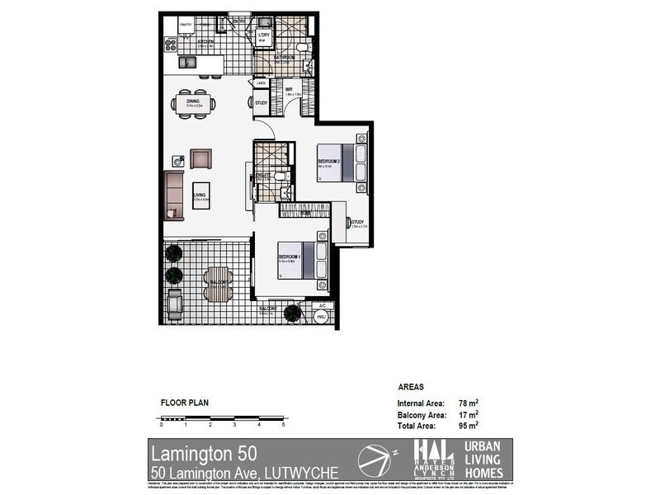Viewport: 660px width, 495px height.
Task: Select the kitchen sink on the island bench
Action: (x=188, y=62)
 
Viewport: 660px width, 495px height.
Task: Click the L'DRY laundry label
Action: (x=266, y=35)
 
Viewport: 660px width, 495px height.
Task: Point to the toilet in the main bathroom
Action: (x=306, y=65)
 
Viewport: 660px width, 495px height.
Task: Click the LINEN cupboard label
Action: (x=261, y=82)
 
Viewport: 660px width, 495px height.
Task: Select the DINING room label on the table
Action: (x=194, y=102)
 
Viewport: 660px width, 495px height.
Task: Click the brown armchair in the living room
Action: (x=200, y=158)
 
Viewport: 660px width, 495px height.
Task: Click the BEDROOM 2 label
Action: (x=328, y=160)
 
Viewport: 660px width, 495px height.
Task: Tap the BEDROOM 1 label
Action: (x=288, y=257)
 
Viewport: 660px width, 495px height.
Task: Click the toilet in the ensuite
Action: (x=280, y=176)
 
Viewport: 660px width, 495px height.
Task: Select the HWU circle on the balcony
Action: (x=323, y=317)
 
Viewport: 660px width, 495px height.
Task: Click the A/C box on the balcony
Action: (x=322, y=304)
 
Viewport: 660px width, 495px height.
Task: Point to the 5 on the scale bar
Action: (x=283, y=425)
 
